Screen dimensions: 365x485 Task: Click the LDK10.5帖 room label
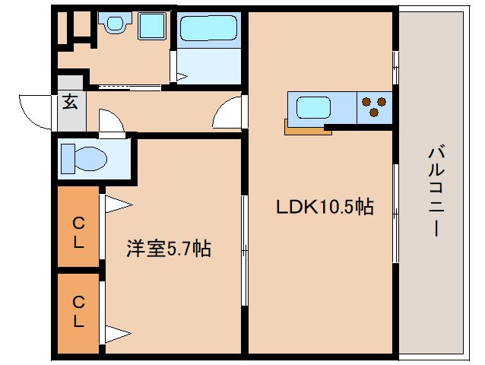[325, 207]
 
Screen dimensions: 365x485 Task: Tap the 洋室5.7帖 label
[169, 248]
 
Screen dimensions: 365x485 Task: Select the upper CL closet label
[78, 233]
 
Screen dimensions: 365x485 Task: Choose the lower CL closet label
[78, 312]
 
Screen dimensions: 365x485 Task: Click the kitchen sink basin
[312, 106]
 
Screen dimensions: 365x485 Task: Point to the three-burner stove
[373, 106]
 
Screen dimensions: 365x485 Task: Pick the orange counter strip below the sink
[308, 129]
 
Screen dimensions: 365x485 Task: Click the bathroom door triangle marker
[182, 76]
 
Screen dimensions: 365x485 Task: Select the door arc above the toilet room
[109, 122]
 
